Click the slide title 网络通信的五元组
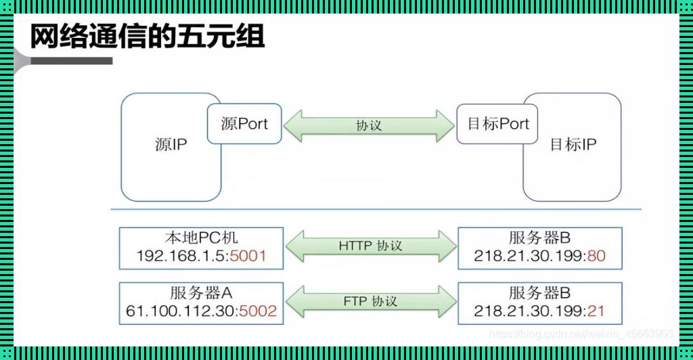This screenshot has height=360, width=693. (147, 37)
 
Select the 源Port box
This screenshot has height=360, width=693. (244, 124)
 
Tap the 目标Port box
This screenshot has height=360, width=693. (498, 124)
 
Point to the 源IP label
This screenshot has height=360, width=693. (171, 144)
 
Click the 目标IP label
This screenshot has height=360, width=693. (573, 144)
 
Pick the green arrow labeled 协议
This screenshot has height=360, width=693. (369, 125)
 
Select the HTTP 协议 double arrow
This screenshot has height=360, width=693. (370, 246)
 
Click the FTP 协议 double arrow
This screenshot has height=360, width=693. (370, 301)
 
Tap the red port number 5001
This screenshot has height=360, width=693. (248, 256)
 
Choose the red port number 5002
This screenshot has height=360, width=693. (259, 311)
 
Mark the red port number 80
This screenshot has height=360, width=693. (596, 256)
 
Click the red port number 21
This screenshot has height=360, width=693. (596, 311)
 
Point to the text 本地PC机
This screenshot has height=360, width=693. (201, 238)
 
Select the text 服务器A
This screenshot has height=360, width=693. (201, 293)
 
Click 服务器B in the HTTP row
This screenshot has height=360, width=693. (539, 238)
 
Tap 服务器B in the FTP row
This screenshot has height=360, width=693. (539, 293)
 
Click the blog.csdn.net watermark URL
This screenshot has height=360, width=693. (581, 334)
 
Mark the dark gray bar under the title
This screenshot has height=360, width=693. (71, 61)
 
